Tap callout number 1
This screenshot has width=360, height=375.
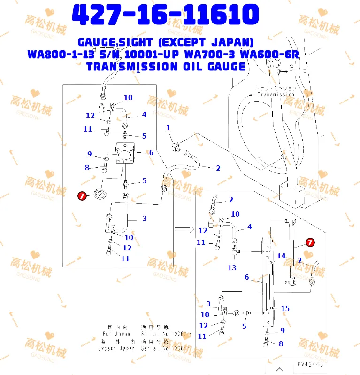click(x=168, y=128)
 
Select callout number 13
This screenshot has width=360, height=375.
click(x=232, y=267)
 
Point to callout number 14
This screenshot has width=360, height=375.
click(x=281, y=256)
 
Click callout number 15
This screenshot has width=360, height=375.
click(x=285, y=309)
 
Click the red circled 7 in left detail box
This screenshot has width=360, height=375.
click(x=81, y=197)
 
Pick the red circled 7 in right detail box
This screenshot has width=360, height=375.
click(x=310, y=242)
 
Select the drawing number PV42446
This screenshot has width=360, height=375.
click(x=310, y=364)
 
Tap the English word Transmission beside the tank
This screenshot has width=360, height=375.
click(x=276, y=94)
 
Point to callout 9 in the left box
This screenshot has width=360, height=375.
click(x=90, y=154)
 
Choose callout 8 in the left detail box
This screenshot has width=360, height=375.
click(x=87, y=168)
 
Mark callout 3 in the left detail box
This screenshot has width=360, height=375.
click(x=144, y=218)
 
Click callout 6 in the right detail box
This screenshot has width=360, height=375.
click(x=247, y=277)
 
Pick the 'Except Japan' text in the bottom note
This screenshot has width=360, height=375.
click(x=116, y=348)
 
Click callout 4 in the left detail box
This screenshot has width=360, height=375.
click(x=144, y=114)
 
